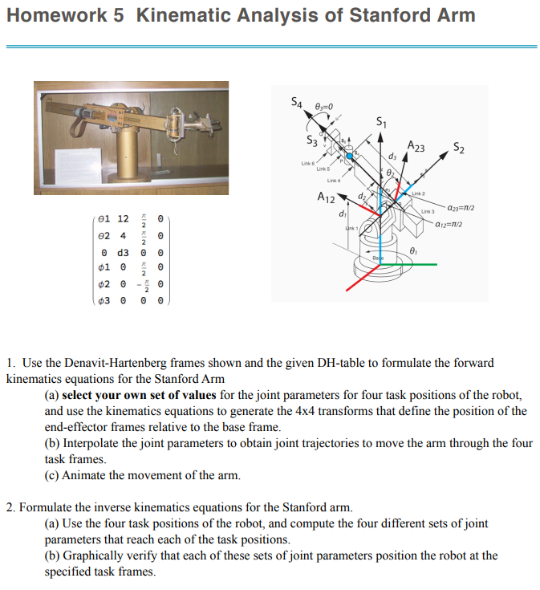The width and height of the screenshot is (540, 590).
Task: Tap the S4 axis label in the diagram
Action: [x=297, y=102]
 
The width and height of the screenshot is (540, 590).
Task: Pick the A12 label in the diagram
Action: [x=327, y=197]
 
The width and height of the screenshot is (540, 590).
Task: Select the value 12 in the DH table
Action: [x=123, y=218]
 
